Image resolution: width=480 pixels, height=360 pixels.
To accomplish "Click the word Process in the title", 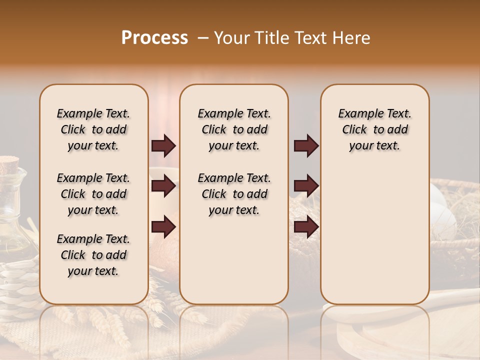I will (154, 38).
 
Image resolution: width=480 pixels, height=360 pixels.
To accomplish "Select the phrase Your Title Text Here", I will (292, 38).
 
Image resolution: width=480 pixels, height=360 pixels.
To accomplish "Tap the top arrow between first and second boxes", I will (163, 146).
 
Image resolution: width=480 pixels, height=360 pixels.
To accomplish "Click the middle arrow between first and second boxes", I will (163, 186).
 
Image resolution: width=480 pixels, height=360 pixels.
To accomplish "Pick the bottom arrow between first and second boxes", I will (163, 226).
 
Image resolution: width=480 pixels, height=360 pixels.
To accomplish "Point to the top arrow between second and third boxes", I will (306, 146).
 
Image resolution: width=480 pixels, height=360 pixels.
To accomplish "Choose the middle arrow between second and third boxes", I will (306, 186).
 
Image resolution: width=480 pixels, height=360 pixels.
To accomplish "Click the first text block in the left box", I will (93, 129).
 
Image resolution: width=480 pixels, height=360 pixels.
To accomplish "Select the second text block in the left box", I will (93, 194).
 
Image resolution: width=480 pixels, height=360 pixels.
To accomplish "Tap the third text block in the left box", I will (93, 255).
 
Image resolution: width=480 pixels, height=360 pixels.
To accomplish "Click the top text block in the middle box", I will (234, 129).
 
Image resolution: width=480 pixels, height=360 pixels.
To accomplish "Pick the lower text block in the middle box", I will (234, 194).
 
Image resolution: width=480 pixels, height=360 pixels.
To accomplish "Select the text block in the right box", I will (374, 129).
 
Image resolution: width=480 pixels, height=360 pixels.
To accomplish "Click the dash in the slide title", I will (203, 38).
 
